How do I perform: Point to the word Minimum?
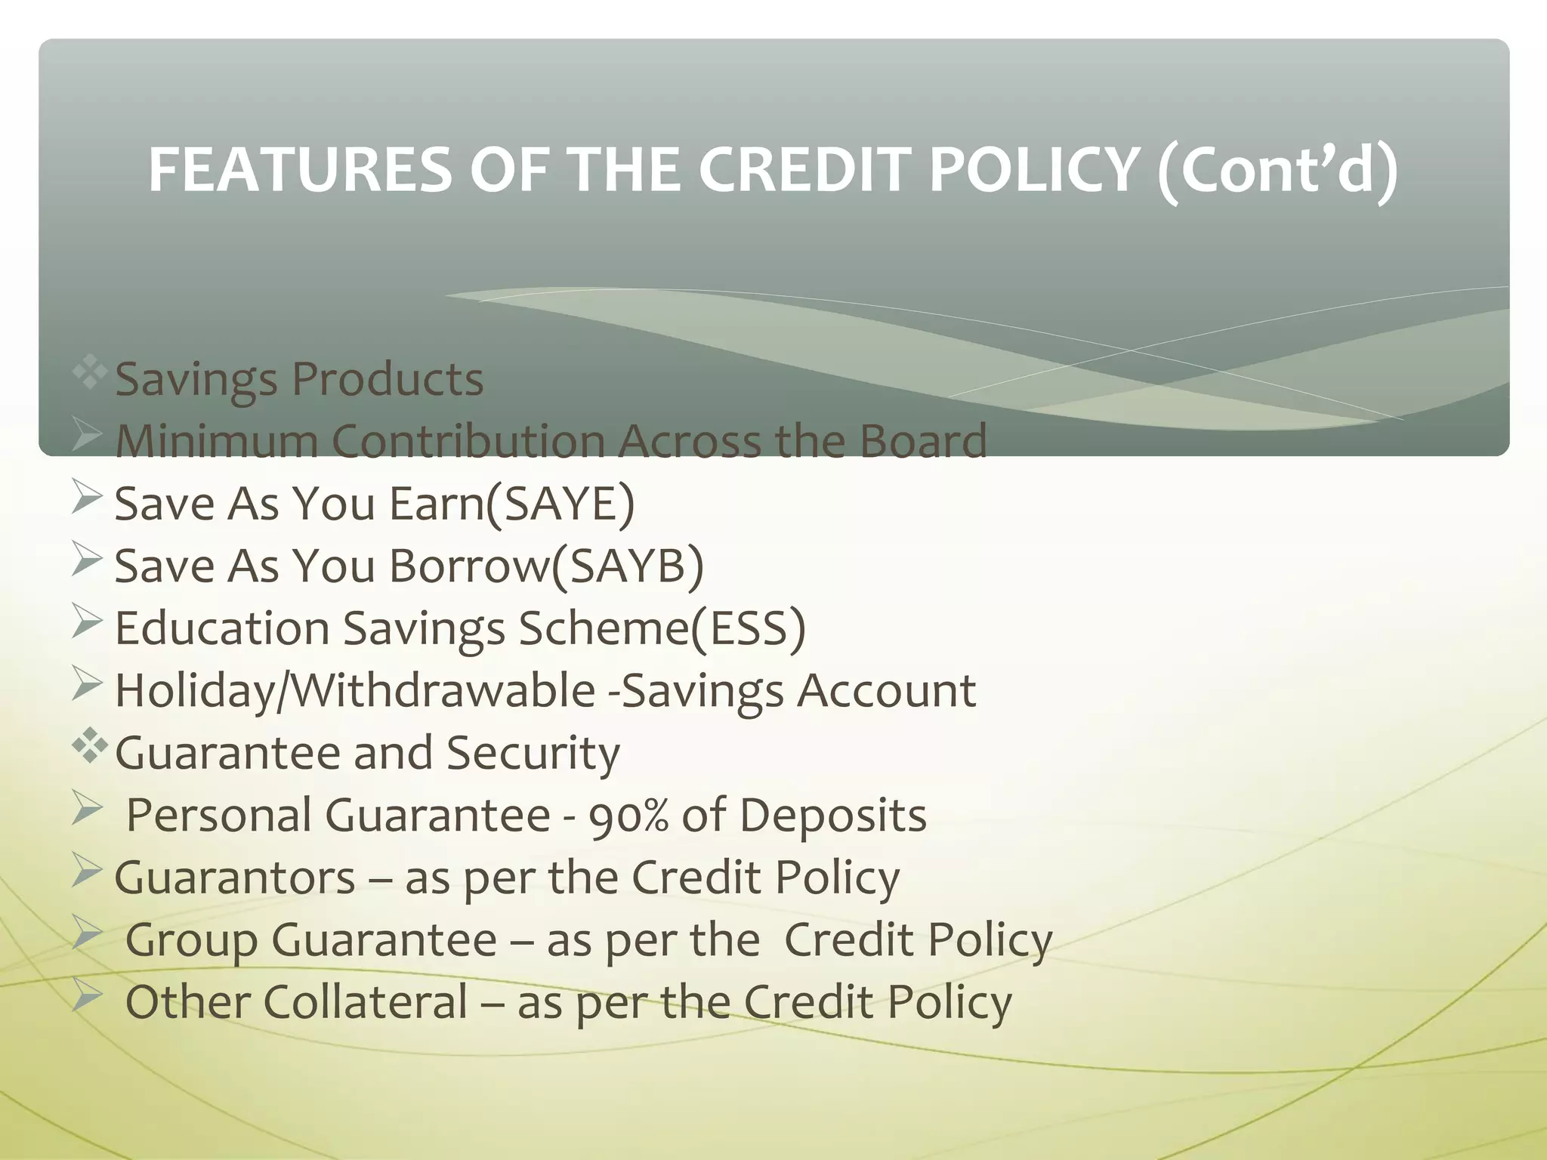(216, 440)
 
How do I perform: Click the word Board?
(923, 440)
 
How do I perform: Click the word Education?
(222, 628)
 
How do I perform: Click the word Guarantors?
(235, 878)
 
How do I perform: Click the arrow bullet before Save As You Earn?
(87, 499)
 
